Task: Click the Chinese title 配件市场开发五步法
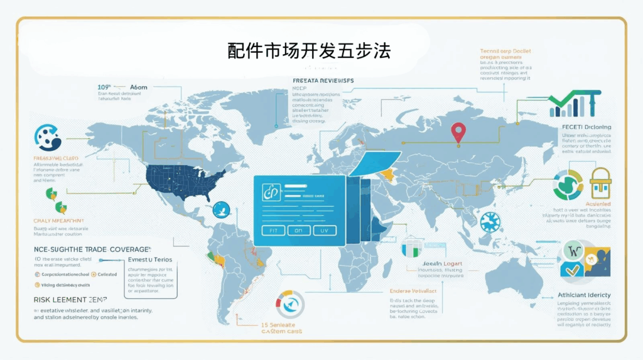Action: tap(309, 51)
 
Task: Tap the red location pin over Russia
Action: tap(459, 132)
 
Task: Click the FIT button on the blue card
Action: tap(273, 231)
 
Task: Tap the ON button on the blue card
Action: tap(300, 231)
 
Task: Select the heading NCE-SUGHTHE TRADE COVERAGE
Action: tap(92, 249)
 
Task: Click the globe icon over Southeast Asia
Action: tap(490, 222)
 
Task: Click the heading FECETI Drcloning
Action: tap(585, 128)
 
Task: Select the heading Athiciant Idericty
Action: tap(584, 295)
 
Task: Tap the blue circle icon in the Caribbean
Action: tap(221, 209)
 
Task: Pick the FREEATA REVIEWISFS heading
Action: tap(323, 81)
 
